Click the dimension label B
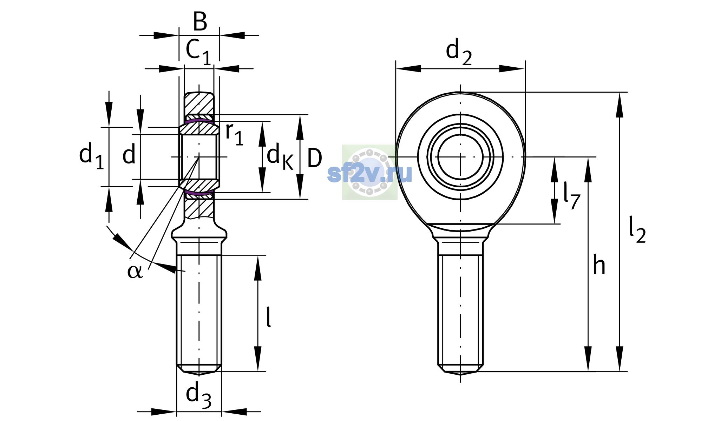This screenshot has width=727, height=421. (x=200, y=21)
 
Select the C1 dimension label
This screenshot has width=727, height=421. (x=198, y=52)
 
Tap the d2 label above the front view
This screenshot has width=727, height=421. (x=459, y=52)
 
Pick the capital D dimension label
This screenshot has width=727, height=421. (x=315, y=158)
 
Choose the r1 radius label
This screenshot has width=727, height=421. (x=234, y=134)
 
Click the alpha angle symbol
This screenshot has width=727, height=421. (x=135, y=271)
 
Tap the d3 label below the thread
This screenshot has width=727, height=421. (x=198, y=396)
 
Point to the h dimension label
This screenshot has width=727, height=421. (x=599, y=265)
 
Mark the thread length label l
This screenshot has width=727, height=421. (x=269, y=317)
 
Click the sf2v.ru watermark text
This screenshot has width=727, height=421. (x=369, y=173)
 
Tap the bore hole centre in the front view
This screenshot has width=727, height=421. (x=460, y=157)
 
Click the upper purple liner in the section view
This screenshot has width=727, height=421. (x=199, y=120)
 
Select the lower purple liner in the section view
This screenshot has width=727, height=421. (x=199, y=193)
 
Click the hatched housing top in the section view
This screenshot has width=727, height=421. (x=199, y=103)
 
